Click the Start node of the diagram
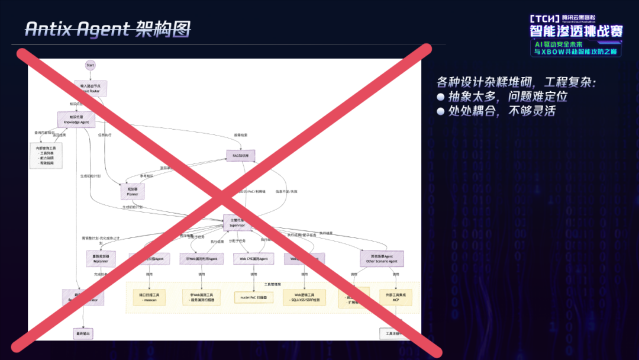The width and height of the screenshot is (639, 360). (x=90, y=65)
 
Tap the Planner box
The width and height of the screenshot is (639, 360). (x=133, y=191)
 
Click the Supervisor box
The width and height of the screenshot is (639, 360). (x=237, y=223)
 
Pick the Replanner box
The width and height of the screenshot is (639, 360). (x=100, y=258)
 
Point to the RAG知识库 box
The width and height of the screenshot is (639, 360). (x=241, y=155)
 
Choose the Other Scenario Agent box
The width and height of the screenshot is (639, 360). (x=382, y=258)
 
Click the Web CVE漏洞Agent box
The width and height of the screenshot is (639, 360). (x=254, y=259)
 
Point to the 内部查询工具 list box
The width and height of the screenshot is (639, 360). (x=46, y=155)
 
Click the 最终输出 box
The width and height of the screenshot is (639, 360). (x=83, y=334)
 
